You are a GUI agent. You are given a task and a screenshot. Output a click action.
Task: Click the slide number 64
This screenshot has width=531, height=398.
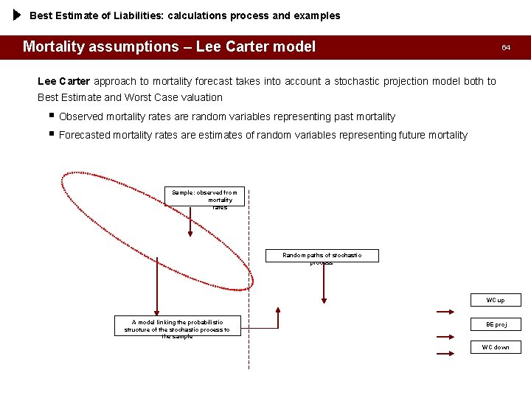tap(506, 47)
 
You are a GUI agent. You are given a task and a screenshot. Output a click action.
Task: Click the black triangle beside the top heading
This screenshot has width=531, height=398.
tap(18, 15)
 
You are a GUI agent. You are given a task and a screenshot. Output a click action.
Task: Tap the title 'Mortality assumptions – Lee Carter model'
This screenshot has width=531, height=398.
tap(169, 47)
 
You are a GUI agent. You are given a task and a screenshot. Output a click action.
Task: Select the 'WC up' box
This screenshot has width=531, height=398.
tap(496, 300)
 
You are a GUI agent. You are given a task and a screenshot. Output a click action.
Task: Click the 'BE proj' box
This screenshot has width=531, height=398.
tap(496, 324)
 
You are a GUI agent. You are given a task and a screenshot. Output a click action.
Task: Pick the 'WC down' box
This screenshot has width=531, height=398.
tap(496, 347)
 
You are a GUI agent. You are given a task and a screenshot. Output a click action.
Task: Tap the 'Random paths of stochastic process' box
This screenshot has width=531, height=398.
tap(322, 256)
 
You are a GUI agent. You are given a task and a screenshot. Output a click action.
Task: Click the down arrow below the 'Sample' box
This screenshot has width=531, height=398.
tap(190, 221)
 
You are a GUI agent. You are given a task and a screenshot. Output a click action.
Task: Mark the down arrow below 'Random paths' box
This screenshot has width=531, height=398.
tap(324, 283)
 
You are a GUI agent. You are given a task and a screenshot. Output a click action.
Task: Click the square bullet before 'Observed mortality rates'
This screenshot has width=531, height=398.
tap(49, 116)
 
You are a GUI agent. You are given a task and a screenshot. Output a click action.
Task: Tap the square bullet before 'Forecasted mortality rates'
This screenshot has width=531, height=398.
tap(49, 134)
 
